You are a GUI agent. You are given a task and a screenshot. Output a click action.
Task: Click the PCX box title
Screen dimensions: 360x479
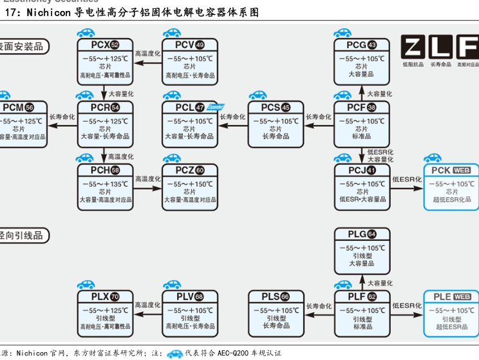100,45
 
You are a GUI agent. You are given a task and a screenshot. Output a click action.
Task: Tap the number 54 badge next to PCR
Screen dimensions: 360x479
115,108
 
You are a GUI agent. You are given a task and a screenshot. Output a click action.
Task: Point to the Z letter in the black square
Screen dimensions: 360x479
414,47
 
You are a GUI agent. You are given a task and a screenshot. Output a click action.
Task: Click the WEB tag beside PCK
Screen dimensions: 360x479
462,171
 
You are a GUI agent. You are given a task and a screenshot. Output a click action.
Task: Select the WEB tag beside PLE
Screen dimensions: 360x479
462,297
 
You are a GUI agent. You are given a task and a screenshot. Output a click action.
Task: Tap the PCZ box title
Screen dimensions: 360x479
184,170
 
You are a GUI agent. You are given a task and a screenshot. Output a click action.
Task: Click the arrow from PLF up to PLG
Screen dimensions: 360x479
362,282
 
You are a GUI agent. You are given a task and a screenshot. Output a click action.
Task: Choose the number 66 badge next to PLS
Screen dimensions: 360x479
285,297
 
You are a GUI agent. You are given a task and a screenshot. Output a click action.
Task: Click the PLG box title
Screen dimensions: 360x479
357,234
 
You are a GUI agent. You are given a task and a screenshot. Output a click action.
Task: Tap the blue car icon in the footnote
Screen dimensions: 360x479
175,353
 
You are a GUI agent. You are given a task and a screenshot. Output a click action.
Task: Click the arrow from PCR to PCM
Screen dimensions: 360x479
62,125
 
